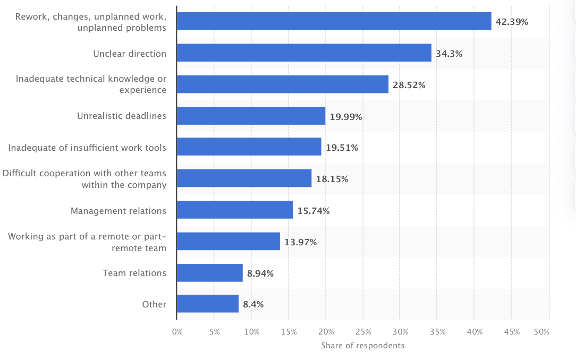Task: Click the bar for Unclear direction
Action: [x=304, y=53]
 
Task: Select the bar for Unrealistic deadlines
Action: [x=251, y=116]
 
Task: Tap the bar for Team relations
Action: [x=209, y=273]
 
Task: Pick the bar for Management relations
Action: [x=235, y=210]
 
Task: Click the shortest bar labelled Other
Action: [x=208, y=304]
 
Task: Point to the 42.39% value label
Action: [x=512, y=22]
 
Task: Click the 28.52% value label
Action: [x=409, y=85]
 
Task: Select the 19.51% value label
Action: [x=342, y=148]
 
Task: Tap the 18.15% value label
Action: [x=332, y=179]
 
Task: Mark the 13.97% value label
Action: [x=300, y=242]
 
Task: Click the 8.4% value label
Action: [x=253, y=304]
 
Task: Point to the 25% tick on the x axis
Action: [x=363, y=332]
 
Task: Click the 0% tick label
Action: [x=177, y=332]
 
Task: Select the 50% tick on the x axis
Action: [x=541, y=332]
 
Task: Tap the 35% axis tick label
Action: [x=437, y=332]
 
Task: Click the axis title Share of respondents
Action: [x=362, y=346]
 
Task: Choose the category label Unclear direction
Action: [x=130, y=54]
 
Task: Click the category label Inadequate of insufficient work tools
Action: [x=87, y=148]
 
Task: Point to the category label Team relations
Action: [x=134, y=273]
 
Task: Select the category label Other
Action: [x=154, y=304]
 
